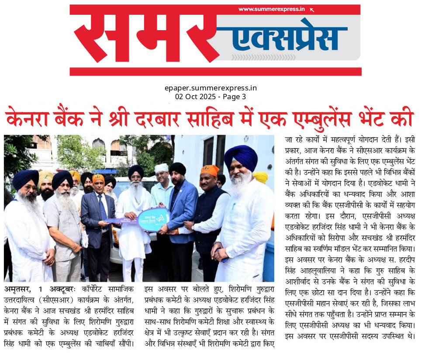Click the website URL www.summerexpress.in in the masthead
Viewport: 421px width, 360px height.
coord(271,9)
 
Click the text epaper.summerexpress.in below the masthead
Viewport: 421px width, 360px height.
coord(210,88)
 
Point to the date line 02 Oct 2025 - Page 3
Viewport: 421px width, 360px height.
coord(210,96)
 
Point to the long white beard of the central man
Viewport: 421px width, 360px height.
coord(135,191)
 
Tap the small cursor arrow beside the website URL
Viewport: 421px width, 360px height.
coord(312,9)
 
